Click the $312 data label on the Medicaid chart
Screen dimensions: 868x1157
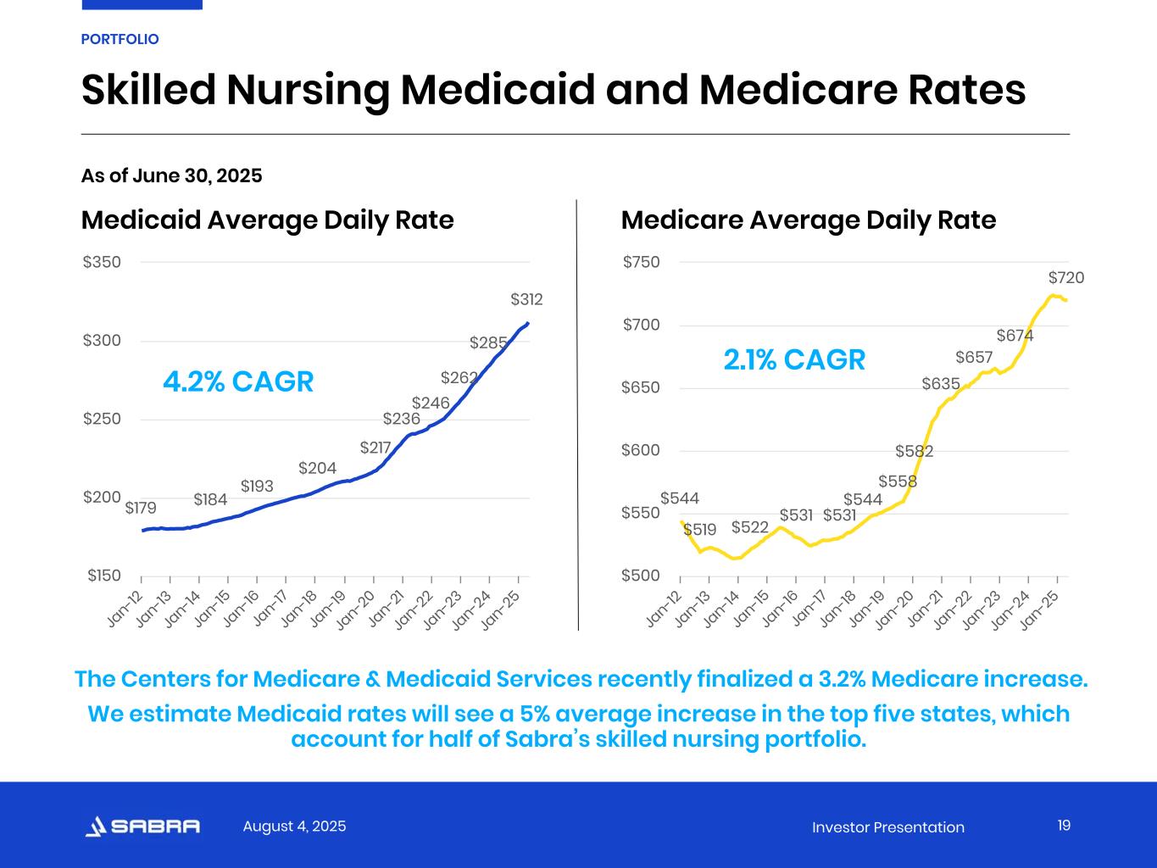click(526, 299)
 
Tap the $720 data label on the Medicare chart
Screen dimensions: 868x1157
click(1065, 278)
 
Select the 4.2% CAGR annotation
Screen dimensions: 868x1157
click(238, 382)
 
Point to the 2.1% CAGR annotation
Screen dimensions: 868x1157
click(794, 360)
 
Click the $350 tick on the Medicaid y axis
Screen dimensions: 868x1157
click(102, 262)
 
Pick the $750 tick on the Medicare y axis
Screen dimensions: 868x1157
click(641, 262)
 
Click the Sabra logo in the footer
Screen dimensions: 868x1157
click(142, 826)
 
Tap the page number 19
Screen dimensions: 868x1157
click(1064, 826)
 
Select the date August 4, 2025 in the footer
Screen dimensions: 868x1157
click(294, 826)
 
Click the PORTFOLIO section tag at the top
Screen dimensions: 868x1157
click(120, 40)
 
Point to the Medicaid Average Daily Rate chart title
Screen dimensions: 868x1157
click(267, 220)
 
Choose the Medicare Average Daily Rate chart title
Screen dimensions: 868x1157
click(808, 220)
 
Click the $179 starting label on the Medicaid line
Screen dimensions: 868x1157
click(141, 509)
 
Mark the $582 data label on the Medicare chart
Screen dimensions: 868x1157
click(914, 451)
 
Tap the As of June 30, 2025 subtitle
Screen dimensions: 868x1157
click(171, 176)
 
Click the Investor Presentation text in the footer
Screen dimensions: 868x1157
click(887, 827)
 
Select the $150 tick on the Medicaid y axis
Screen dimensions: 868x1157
click(103, 576)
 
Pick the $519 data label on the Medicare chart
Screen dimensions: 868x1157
click(699, 530)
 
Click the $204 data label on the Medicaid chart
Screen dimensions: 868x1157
click(317, 469)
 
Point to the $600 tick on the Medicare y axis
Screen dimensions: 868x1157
click(641, 450)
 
